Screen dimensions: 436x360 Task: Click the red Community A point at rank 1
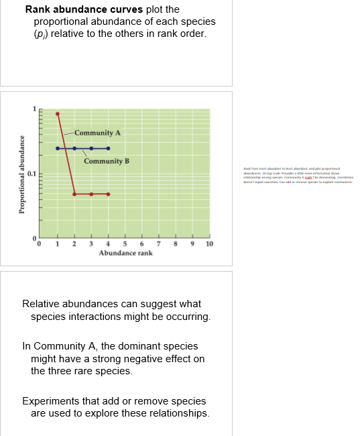click(x=58, y=113)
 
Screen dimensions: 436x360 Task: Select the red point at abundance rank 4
click(x=108, y=194)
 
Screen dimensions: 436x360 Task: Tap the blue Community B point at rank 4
click(x=108, y=148)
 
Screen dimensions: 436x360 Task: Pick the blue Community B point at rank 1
click(x=58, y=148)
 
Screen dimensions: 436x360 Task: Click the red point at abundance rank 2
click(x=74, y=194)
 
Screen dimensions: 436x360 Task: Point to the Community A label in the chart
click(x=97, y=133)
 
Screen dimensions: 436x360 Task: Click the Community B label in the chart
click(x=106, y=161)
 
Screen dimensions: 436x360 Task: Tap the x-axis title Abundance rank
click(x=125, y=254)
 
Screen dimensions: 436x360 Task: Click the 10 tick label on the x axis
click(x=209, y=244)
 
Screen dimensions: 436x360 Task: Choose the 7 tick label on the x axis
click(x=159, y=244)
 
